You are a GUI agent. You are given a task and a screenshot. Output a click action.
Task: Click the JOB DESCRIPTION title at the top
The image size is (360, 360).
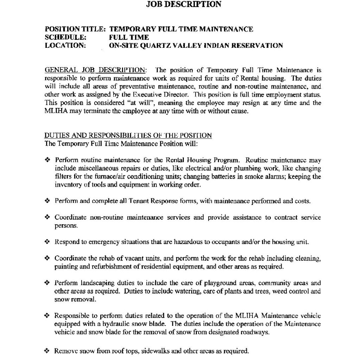click(x=184, y=5)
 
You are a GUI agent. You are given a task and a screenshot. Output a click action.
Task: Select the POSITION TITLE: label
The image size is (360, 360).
click(x=75, y=29)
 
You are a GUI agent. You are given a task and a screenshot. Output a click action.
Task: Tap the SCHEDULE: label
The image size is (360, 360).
click(x=65, y=37)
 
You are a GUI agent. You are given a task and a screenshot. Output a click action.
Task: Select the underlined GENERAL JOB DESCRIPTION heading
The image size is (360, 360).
click(x=95, y=70)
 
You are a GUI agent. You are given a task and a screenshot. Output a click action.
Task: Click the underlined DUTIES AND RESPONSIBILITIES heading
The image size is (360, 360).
click(x=128, y=135)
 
